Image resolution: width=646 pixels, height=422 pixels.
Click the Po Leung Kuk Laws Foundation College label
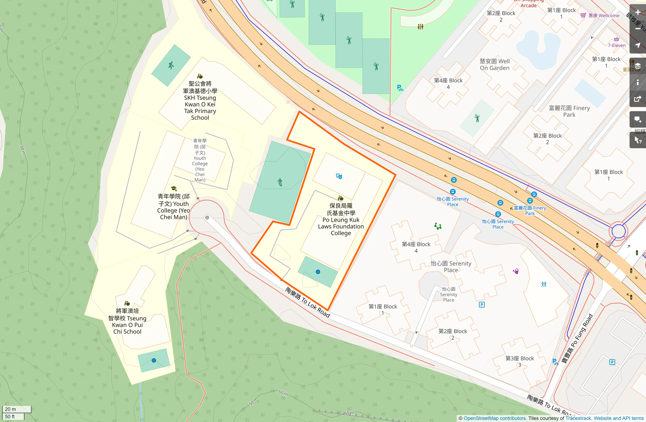click(340, 220)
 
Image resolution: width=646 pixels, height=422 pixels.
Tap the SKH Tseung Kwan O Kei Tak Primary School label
click(200, 101)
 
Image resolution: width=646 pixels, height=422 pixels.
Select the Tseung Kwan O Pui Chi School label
click(127, 321)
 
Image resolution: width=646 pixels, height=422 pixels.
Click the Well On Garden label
click(494, 65)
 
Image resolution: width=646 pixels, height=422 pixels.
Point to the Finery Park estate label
click(569, 111)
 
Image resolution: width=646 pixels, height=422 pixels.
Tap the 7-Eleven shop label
click(617, 45)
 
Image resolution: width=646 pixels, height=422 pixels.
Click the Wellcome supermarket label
click(603, 15)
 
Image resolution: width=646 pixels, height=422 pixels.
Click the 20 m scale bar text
click(11, 409)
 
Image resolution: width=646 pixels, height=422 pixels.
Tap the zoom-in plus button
click(638, 12)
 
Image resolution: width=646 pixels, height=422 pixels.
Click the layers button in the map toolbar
click(638, 66)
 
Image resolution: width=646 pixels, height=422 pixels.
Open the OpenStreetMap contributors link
click(494, 418)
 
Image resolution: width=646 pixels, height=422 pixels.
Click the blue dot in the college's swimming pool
click(318, 272)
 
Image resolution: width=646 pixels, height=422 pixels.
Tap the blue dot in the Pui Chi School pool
click(154, 360)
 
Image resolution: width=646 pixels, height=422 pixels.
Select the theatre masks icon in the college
click(339, 176)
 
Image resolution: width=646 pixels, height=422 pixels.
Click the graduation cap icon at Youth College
click(174, 188)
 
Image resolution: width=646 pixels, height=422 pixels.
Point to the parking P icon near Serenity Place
click(481, 305)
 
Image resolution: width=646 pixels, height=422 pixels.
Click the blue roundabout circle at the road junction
click(618, 231)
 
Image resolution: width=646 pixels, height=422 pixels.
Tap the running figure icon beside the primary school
click(171, 65)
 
